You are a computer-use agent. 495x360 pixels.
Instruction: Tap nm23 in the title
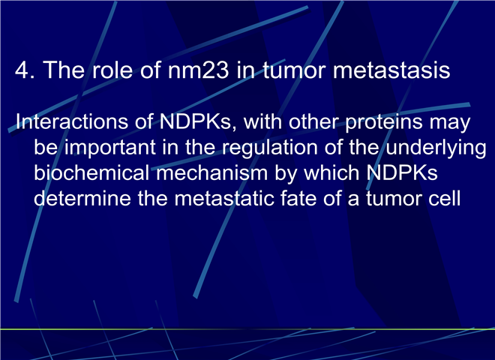pyautogui.click(x=198, y=70)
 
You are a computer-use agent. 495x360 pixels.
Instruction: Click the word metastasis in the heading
pyautogui.click(x=391, y=70)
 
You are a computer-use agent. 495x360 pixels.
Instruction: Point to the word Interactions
pyautogui.click(x=72, y=121)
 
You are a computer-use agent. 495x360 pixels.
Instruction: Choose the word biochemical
pyautogui.click(x=91, y=172)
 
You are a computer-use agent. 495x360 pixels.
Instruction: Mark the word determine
pyautogui.click(x=82, y=198)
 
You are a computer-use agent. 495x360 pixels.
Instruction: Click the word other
pyautogui.click(x=313, y=121)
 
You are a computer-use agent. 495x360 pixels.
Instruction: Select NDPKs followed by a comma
pyautogui.click(x=198, y=122)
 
